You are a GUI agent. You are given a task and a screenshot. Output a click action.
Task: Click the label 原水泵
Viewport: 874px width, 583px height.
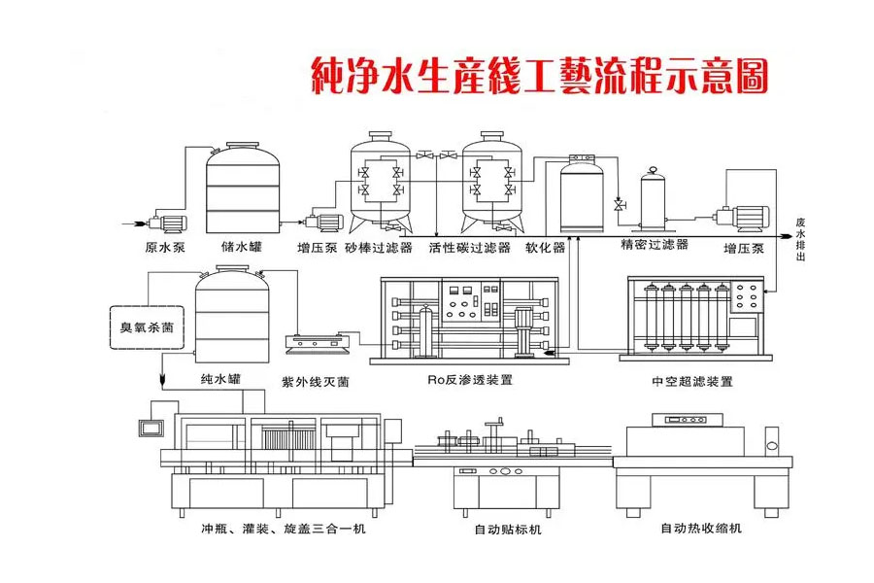point(165,248)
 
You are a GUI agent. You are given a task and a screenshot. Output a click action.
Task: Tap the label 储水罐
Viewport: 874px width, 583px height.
point(241,248)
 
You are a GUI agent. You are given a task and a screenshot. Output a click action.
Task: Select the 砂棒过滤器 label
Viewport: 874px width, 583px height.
point(378,248)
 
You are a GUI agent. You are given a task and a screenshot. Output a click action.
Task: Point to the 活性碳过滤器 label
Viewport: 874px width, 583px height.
point(469,248)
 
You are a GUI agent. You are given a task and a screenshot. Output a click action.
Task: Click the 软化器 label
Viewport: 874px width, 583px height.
point(545,248)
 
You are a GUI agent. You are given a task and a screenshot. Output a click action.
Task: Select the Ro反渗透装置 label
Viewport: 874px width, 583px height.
point(471,380)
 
